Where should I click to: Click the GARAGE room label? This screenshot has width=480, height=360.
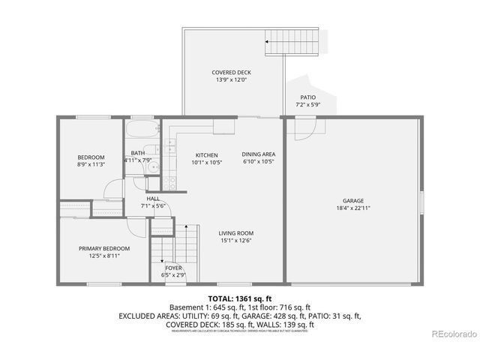pyautogui.click(x=353, y=201)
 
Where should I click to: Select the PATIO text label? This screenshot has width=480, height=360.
pyautogui.click(x=308, y=97)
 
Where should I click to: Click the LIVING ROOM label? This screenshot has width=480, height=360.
pyautogui.click(x=235, y=233)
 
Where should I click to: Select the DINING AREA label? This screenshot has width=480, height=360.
pyautogui.click(x=258, y=154)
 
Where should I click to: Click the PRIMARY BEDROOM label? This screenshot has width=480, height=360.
pyautogui.click(x=104, y=248)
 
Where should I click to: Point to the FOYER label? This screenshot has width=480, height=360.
pyautogui.click(x=173, y=268)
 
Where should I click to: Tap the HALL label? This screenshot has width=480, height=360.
pyautogui.click(x=152, y=199)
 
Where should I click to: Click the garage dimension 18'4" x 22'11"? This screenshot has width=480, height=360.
pyautogui.click(x=353, y=208)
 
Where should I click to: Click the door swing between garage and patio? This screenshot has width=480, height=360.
pyautogui.click(x=303, y=129)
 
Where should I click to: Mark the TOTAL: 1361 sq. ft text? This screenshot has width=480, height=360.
pyautogui.click(x=239, y=298)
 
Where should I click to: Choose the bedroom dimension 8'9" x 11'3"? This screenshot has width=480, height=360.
pyautogui.click(x=91, y=163)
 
